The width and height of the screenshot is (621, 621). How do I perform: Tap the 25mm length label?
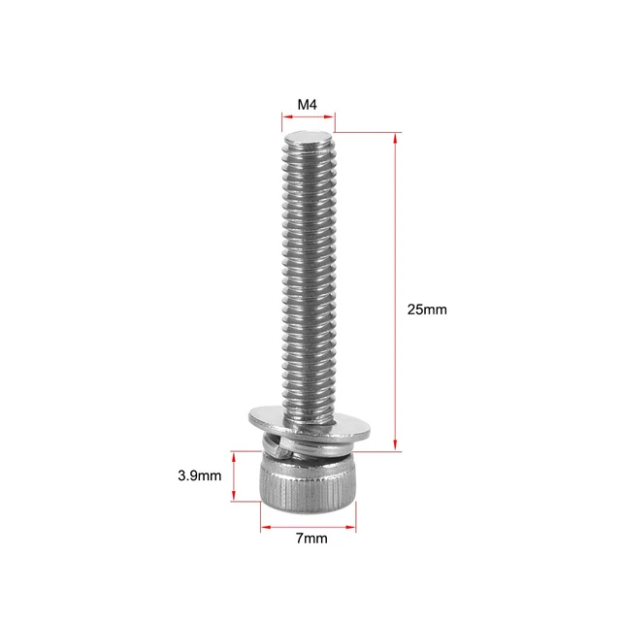(427, 310)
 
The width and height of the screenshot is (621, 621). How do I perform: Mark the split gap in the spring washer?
(281, 441)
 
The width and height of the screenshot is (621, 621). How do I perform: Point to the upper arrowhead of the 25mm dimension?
(396, 138)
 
